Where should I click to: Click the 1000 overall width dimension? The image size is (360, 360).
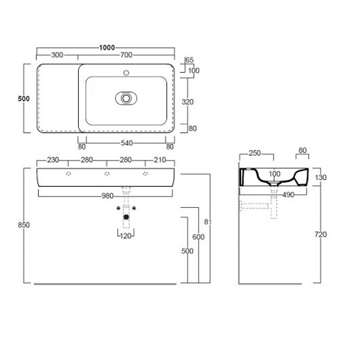tap(107, 48)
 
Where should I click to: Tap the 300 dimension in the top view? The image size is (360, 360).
tap(57, 55)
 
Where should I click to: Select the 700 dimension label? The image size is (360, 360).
tap(126, 55)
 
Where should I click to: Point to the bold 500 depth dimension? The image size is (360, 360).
tap(24, 99)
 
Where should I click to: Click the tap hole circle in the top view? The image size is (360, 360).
tap(126, 73)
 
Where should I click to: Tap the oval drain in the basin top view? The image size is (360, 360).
tap(126, 98)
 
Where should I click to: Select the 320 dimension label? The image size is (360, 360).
tap(188, 102)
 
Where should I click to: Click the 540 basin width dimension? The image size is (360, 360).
tap(127, 143)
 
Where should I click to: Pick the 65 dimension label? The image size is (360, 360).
tap(189, 60)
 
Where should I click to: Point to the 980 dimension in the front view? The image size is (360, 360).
tap(108, 196)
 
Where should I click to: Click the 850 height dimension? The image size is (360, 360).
tap(24, 225)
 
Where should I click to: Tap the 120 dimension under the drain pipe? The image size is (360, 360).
tap(126, 236)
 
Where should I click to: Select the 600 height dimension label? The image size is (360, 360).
tap(198, 237)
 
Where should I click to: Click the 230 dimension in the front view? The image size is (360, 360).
tap(53, 160)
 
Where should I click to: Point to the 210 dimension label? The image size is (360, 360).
tap(160, 160)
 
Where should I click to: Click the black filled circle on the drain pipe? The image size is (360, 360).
tap(126, 217)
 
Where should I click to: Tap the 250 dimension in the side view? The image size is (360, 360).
tap(255, 153)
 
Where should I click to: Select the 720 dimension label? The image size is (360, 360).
tap(320, 234)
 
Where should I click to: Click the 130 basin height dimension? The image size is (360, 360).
tap(320, 177)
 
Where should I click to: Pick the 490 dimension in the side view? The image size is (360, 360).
tap(288, 195)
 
